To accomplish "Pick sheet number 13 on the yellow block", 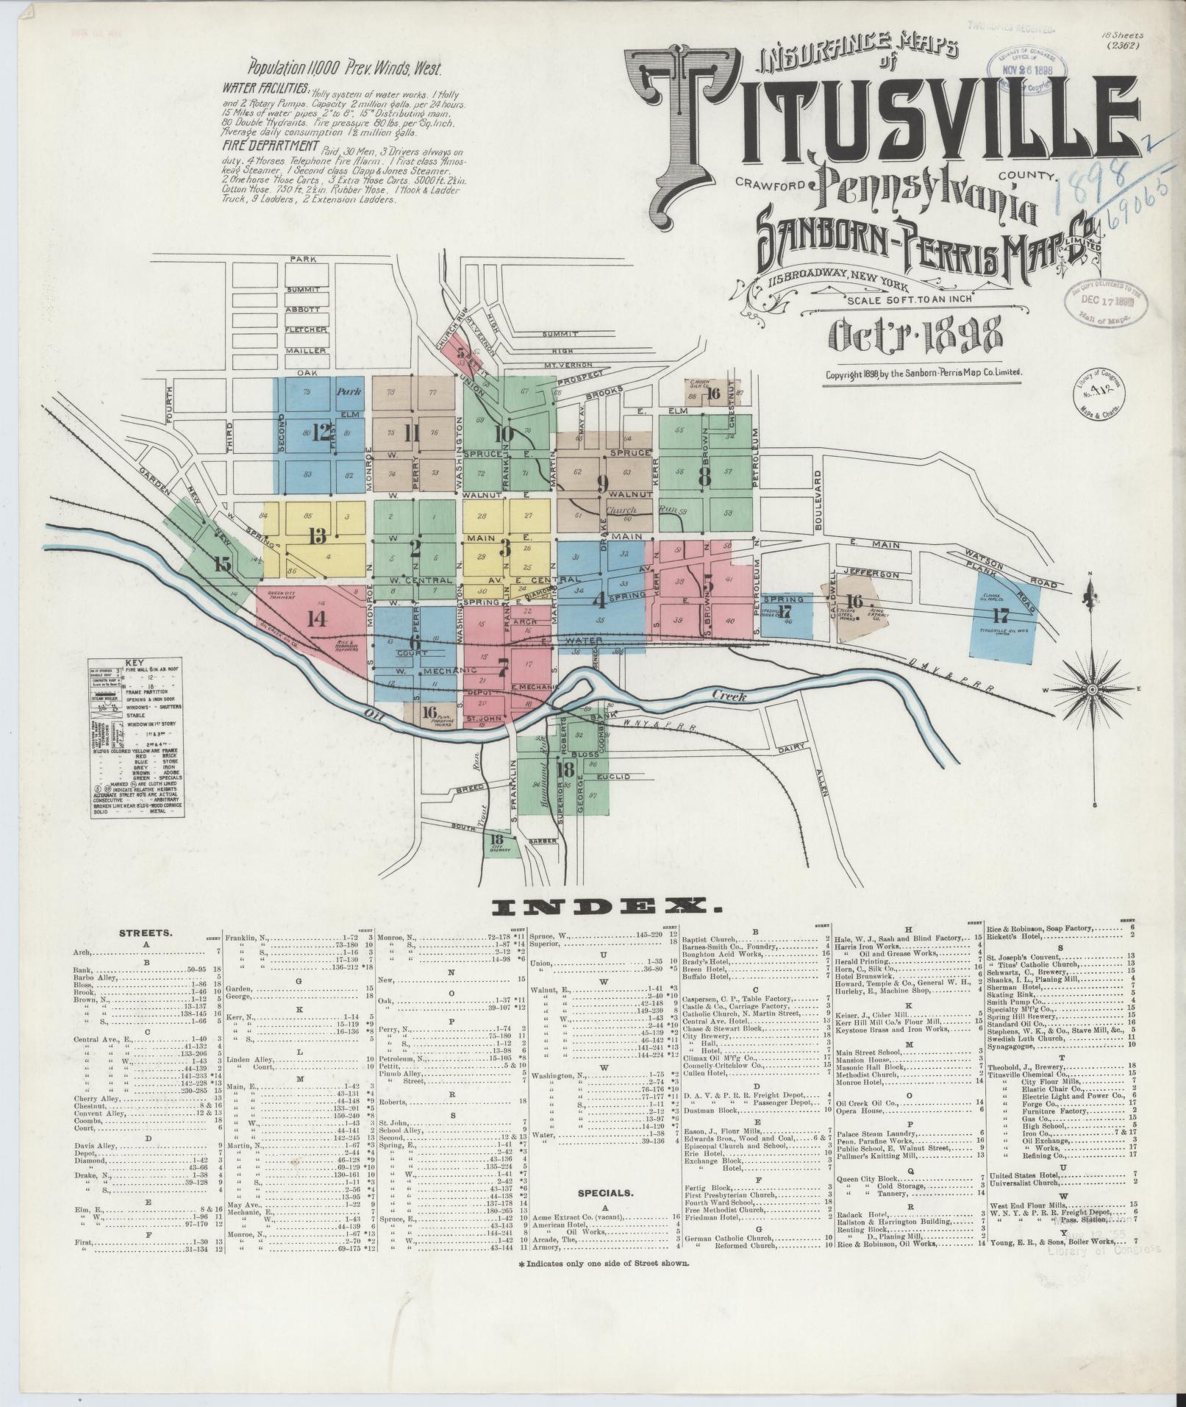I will point(318,535).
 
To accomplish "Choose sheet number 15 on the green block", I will point(223,565).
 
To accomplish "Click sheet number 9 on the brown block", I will point(603,483).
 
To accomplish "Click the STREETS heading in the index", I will point(146,933).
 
